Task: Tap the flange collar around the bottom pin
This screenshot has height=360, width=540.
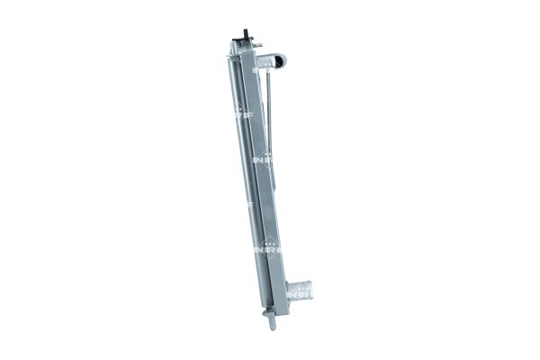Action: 267,313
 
